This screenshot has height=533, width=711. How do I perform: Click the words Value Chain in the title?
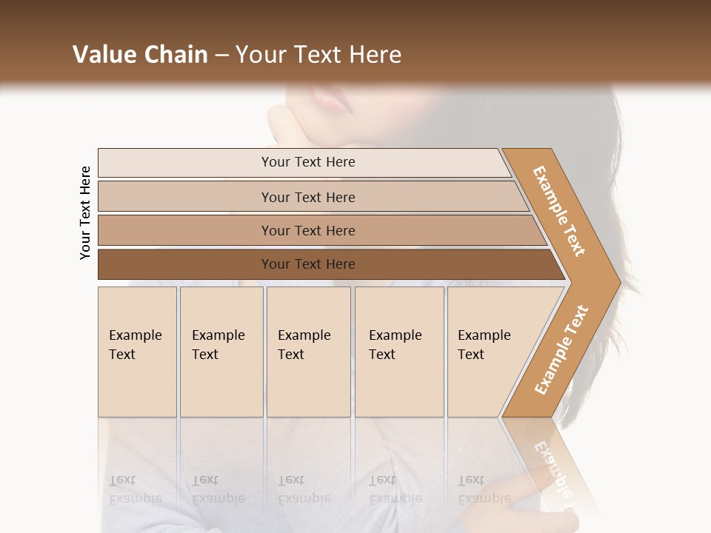click(140, 55)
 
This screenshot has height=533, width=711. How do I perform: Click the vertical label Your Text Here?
click(85, 212)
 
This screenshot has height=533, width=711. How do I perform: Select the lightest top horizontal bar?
click(185, 163)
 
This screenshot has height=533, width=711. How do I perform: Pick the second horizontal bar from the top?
click(185, 197)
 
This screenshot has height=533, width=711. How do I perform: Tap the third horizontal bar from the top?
click(185, 230)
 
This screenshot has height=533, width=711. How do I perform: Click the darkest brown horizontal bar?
click(185, 264)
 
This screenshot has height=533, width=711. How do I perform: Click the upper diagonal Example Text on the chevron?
click(560, 211)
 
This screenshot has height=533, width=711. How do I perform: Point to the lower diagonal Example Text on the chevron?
click(561, 350)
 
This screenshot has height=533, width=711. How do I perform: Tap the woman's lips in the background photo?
click(326, 97)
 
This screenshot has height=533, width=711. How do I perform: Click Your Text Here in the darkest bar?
click(308, 264)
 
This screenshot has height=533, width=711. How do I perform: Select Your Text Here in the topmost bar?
click(308, 162)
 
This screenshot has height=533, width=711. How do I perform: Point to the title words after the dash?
click(318, 55)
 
